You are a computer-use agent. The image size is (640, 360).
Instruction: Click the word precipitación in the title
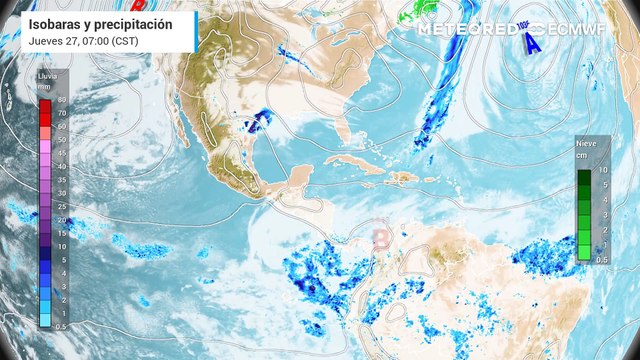pyautogui.click(x=134, y=23)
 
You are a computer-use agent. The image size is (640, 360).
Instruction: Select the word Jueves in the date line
pyautogui.click(x=46, y=41)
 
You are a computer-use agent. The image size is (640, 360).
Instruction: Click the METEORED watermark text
pyautogui.click(x=463, y=29)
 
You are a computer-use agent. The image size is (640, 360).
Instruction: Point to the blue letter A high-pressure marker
pyautogui.click(x=533, y=43)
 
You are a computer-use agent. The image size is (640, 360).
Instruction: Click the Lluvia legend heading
pyautogui.click(x=46, y=75)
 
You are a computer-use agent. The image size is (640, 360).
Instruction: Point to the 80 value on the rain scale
pyautogui.click(x=61, y=101)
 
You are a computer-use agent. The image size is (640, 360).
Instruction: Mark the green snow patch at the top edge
pyautogui.click(x=413, y=12)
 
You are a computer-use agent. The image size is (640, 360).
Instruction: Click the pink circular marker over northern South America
pyautogui.click(x=381, y=237)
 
